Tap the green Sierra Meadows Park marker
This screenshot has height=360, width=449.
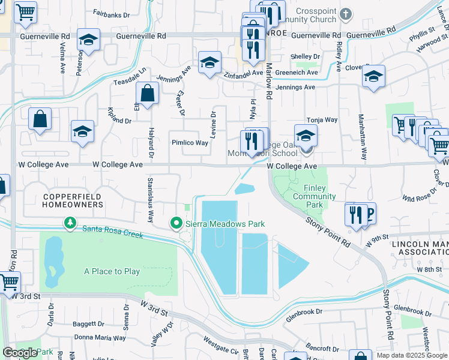[176, 224]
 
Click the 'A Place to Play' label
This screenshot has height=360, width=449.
[112, 272]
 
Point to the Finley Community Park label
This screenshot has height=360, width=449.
[309, 196]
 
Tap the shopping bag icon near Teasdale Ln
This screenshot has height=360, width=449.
[147, 94]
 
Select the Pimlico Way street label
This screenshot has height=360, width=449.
[190, 143]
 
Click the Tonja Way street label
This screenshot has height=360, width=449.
[322, 120]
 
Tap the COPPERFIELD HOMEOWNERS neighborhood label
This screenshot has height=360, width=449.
[72, 200]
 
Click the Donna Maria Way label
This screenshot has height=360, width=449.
[99, 338]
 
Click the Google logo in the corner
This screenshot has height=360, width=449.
[20, 353]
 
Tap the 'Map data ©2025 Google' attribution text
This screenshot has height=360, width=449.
[412, 355]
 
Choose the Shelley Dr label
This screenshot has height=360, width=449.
[304, 56]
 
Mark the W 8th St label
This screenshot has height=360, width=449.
[429, 270]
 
